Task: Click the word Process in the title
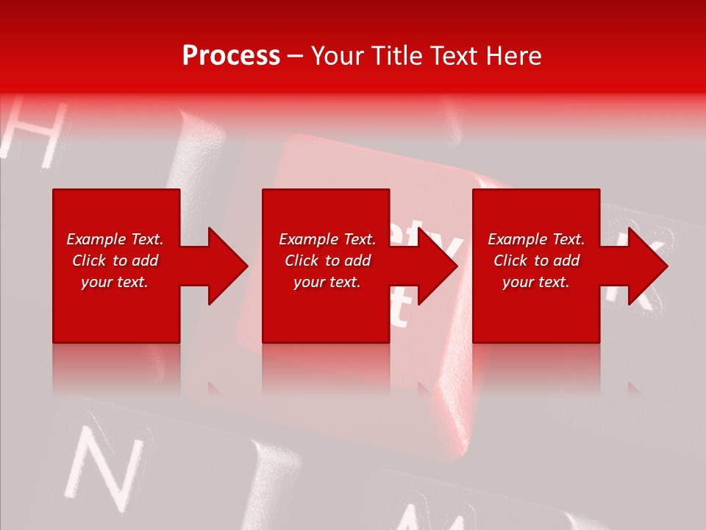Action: [231, 56]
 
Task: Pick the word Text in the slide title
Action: [454, 56]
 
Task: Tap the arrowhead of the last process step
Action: [646, 266]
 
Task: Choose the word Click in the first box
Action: [90, 261]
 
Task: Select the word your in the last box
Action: [518, 283]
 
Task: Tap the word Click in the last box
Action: [510, 261]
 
